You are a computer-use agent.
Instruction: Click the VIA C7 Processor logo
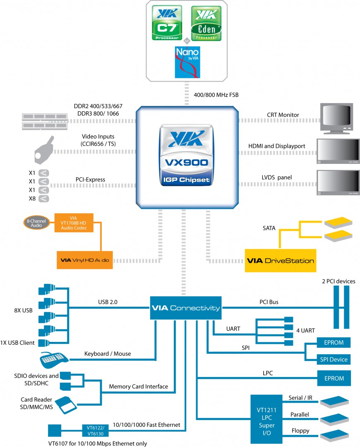[167, 23]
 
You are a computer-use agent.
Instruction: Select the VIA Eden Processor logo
[206, 23]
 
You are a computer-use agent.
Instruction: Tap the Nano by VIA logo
[187, 62]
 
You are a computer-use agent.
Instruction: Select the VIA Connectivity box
[186, 308]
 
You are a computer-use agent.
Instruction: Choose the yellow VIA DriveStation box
[280, 260]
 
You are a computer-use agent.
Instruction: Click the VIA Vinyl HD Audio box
[85, 260]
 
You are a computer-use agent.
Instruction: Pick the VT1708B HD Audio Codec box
[74, 223]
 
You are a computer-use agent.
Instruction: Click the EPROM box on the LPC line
[334, 378]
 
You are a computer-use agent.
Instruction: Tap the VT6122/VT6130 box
[96, 430]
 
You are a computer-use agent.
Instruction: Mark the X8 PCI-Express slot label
[31, 199]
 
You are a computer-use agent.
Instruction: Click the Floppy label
[300, 431]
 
